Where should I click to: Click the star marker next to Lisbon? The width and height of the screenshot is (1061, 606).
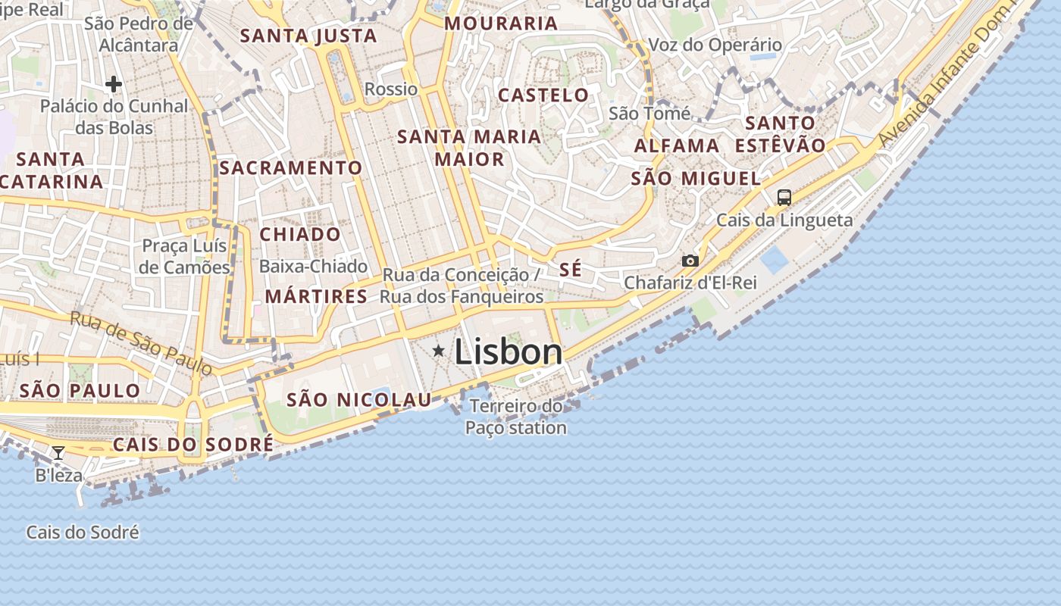click(x=438, y=351)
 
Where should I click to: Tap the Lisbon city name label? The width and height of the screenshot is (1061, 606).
click(x=509, y=352)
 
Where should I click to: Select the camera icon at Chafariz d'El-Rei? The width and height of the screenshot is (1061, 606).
click(x=690, y=261)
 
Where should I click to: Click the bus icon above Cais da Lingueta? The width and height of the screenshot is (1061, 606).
click(x=784, y=198)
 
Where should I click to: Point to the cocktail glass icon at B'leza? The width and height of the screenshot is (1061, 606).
click(x=58, y=453)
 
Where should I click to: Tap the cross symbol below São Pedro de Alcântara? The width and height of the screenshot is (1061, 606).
click(x=114, y=84)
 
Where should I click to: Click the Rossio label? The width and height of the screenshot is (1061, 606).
click(x=391, y=89)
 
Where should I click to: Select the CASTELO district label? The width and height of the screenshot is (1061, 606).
click(x=543, y=95)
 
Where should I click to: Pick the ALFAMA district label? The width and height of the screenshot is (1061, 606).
click(x=677, y=145)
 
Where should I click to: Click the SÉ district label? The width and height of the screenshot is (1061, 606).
click(x=571, y=270)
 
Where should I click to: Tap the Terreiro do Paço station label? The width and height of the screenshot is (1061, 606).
click(x=516, y=417)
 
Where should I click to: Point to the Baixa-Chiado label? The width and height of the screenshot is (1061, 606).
click(x=313, y=267)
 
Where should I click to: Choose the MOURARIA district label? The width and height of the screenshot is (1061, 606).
click(x=501, y=23)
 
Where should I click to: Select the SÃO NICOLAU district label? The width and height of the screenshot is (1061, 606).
click(x=359, y=400)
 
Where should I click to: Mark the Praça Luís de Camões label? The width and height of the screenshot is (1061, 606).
click(x=186, y=257)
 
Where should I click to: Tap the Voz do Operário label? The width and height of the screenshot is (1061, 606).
click(x=715, y=45)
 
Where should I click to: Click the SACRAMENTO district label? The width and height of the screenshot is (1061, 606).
click(x=291, y=167)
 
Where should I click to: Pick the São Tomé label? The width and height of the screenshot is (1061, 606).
click(x=649, y=114)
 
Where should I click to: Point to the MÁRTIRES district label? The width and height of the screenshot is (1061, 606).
click(x=317, y=296)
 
